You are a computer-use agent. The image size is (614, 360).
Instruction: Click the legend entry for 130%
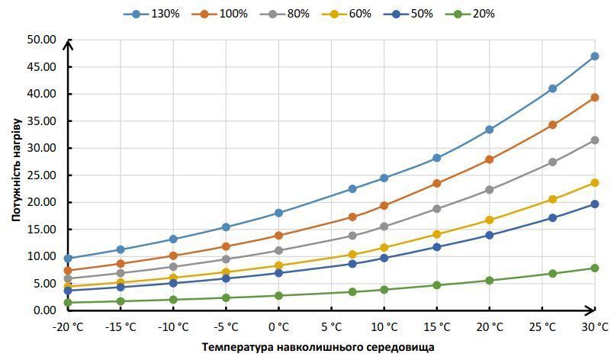point(151,14)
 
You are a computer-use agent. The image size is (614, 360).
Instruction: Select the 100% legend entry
point(220,14)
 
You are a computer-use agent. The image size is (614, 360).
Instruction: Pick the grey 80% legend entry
point(284,14)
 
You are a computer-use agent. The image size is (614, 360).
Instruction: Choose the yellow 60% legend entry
point(346,14)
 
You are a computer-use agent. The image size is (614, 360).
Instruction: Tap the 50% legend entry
point(408,14)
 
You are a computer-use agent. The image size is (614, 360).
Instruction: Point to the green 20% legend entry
point(470,14)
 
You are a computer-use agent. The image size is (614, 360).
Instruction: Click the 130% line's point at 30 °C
point(594,56)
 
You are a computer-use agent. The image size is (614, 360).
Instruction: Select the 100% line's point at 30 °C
point(594,98)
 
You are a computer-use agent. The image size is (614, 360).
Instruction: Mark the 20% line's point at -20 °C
point(68,303)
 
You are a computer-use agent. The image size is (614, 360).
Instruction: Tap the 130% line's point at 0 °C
point(279,213)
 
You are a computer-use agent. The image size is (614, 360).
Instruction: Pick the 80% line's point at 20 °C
point(489,190)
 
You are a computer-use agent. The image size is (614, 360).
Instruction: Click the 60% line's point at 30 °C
point(594,183)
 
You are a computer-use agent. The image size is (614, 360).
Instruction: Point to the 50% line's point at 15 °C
point(436,247)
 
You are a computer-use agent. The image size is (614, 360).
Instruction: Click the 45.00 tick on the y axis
point(41,67)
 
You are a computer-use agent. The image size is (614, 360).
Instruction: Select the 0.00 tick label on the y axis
point(44,310)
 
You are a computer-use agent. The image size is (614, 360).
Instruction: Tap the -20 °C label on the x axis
point(68,327)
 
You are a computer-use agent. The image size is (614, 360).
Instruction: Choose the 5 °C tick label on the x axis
point(331,327)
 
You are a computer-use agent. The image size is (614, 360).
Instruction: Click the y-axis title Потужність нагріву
point(17,170)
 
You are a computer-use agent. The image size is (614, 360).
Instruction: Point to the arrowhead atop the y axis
point(68,45)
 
